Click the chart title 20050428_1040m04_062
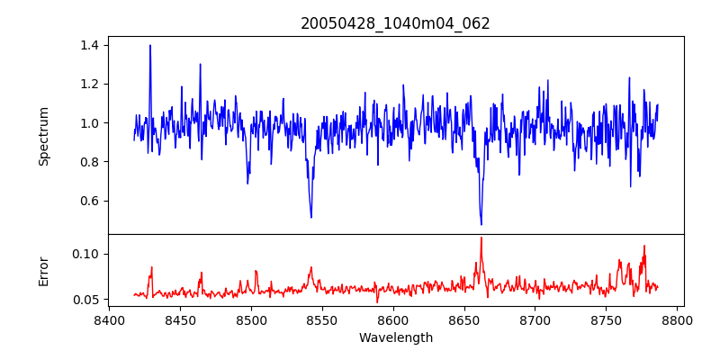point(395,23)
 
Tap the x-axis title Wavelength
point(395,337)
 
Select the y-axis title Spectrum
point(44,136)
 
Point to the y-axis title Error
point(44,271)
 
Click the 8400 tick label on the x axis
point(109,319)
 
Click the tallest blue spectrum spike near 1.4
point(150,46)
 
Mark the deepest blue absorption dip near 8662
point(481,224)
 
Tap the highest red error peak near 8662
point(481,238)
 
